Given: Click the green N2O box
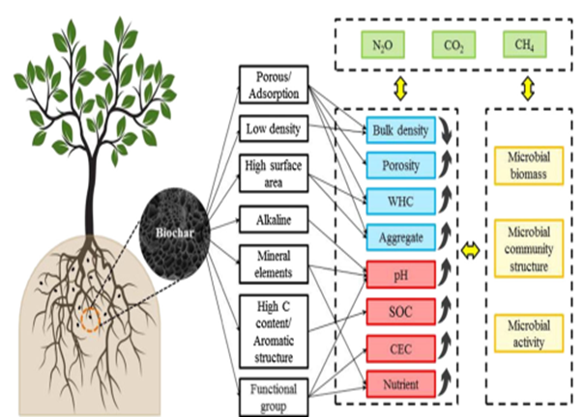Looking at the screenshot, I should pos(380,43).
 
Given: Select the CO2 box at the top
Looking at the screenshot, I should pos(452,43).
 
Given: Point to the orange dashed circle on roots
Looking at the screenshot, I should pos(89,317).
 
